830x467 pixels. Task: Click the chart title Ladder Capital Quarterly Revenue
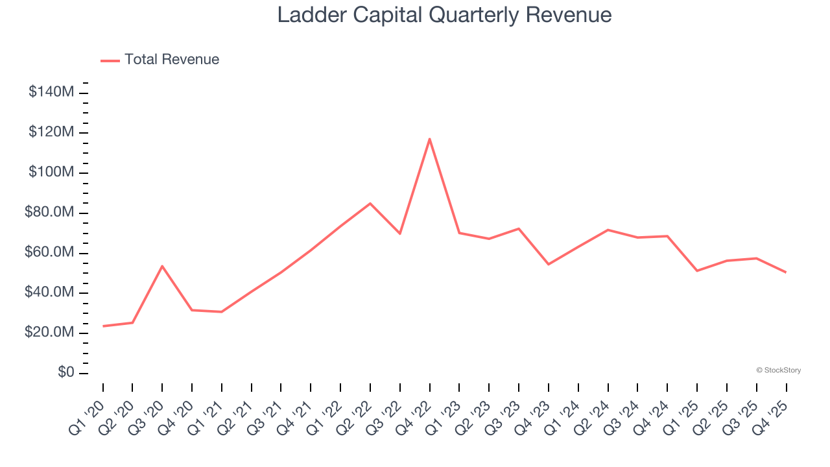coord(444,15)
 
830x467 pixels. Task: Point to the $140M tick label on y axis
coord(51,92)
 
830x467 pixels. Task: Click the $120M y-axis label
coord(51,132)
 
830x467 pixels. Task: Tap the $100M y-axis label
coord(51,173)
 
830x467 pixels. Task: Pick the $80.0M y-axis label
coord(49,213)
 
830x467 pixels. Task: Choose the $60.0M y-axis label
coord(49,252)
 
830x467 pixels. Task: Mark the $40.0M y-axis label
coord(49,293)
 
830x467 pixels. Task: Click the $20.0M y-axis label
coord(49,333)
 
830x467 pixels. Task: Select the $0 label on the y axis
coord(66,373)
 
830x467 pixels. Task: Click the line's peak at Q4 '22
coord(429,139)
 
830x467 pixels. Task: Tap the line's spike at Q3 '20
coord(162,266)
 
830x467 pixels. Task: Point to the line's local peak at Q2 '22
coord(370,204)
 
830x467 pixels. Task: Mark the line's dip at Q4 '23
coord(548,264)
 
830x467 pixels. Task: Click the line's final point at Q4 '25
coord(786,272)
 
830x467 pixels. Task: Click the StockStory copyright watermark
coord(778,370)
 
